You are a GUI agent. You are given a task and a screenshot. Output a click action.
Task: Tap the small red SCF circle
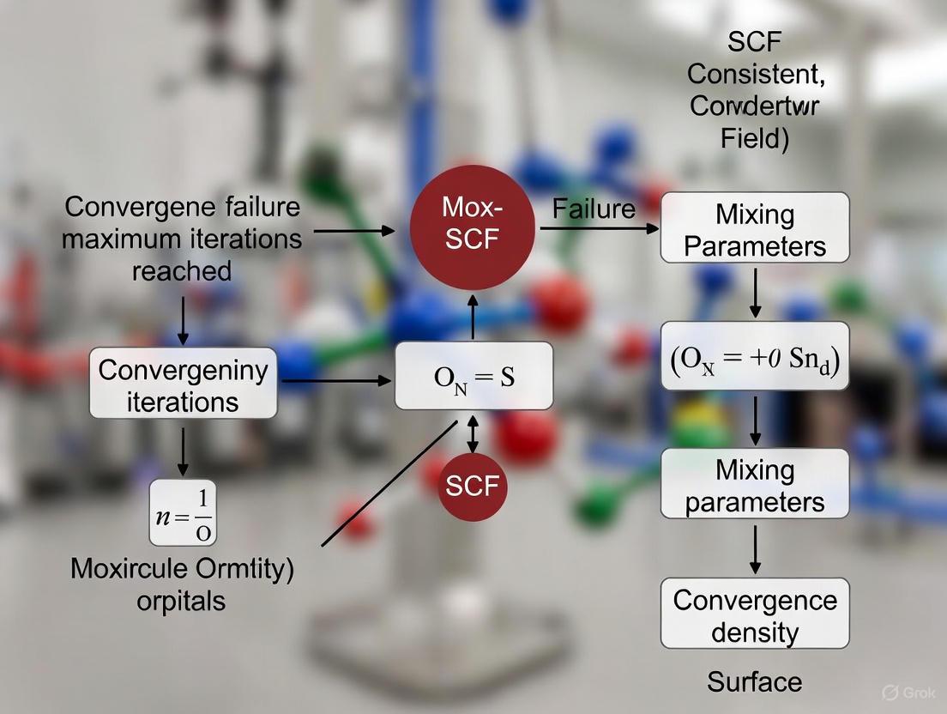pos(472,486)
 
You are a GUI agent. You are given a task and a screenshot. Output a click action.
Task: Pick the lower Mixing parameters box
pos(755,485)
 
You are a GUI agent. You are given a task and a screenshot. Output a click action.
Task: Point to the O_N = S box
pos(473,376)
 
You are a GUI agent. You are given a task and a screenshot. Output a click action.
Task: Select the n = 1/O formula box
pos(183,512)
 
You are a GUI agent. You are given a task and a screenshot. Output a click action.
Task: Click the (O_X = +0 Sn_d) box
pos(755,356)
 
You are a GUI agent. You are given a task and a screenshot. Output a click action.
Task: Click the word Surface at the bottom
pos(755,681)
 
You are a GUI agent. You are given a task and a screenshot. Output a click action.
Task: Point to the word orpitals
pos(181,600)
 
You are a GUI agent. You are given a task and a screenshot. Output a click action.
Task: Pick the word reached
pos(181,270)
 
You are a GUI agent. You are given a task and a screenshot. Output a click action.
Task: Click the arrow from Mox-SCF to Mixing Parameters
pos(599,229)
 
